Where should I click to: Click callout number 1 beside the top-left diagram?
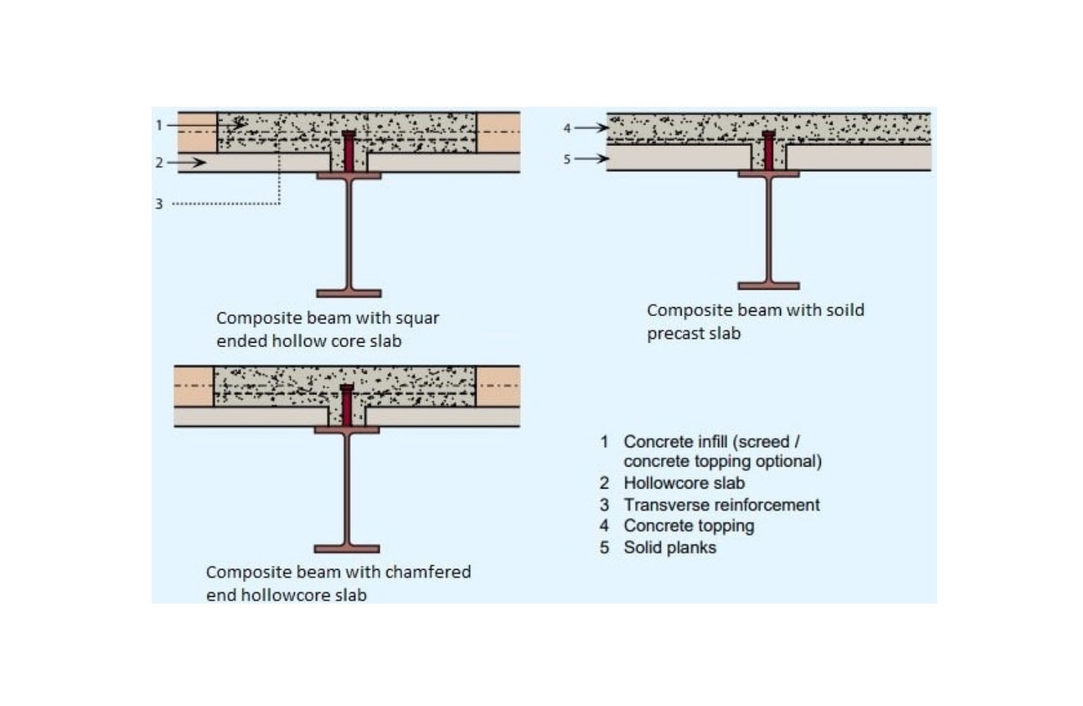coord(158,125)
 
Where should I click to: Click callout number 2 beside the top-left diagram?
coord(159,163)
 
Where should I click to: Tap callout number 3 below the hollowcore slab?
coord(159,204)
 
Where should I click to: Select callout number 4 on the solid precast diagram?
coord(567,128)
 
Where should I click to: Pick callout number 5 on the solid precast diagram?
coord(567,159)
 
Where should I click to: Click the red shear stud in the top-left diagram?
coord(348,151)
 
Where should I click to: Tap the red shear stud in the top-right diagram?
coord(768,150)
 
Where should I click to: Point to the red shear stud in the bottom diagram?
coord(347,405)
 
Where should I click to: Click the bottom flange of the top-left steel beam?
coord(348,293)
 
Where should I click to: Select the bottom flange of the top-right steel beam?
coord(768,286)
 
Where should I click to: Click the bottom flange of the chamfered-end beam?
coord(347,549)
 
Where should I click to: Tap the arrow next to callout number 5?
coord(592,158)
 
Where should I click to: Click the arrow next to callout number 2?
coord(186,162)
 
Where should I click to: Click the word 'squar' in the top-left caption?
coord(417,318)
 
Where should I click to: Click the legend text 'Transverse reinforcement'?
coord(722,505)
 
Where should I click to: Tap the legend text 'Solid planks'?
coord(670,548)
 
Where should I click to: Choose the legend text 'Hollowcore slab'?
coord(684,483)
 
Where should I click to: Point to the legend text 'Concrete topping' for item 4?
coord(689,526)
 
